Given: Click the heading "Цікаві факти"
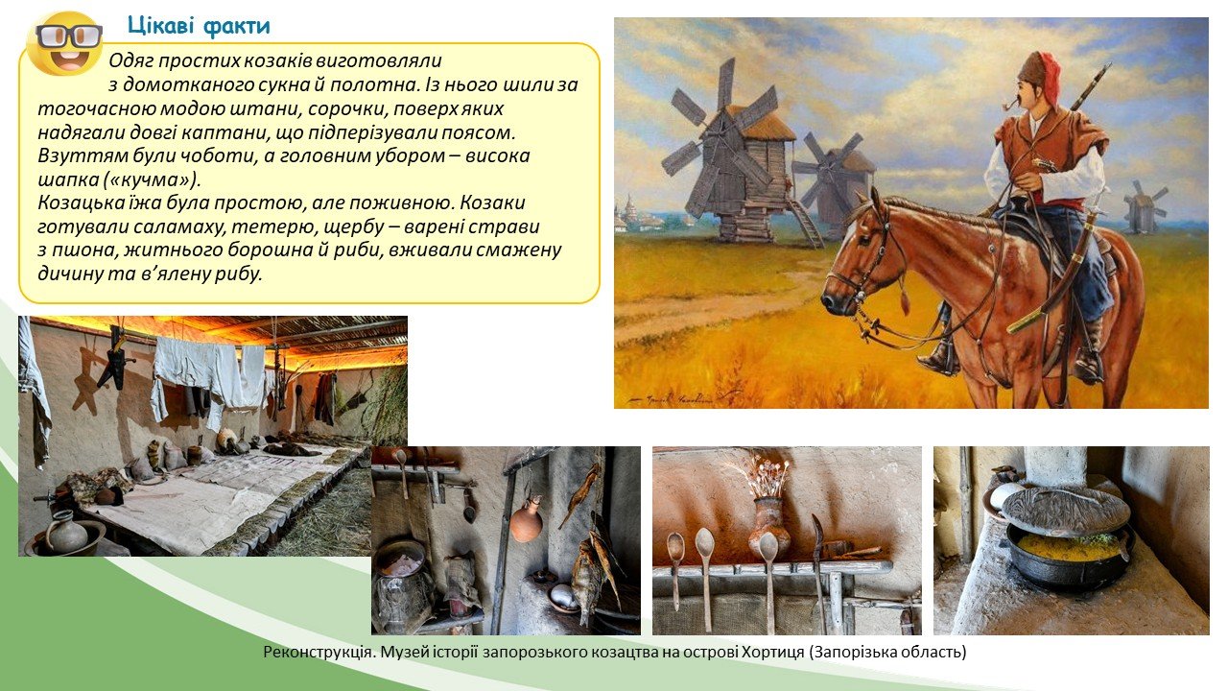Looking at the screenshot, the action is tap(199, 26).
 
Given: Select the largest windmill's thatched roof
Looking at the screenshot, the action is tap(759, 126).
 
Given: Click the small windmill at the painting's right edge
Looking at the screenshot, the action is tap(1144, 206).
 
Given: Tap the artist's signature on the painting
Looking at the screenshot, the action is tap(672, 400).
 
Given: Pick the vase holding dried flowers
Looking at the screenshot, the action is tap(771, 523).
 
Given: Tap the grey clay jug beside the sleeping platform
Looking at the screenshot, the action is tap(67, 531).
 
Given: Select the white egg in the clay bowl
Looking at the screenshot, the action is tap(564, 594).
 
